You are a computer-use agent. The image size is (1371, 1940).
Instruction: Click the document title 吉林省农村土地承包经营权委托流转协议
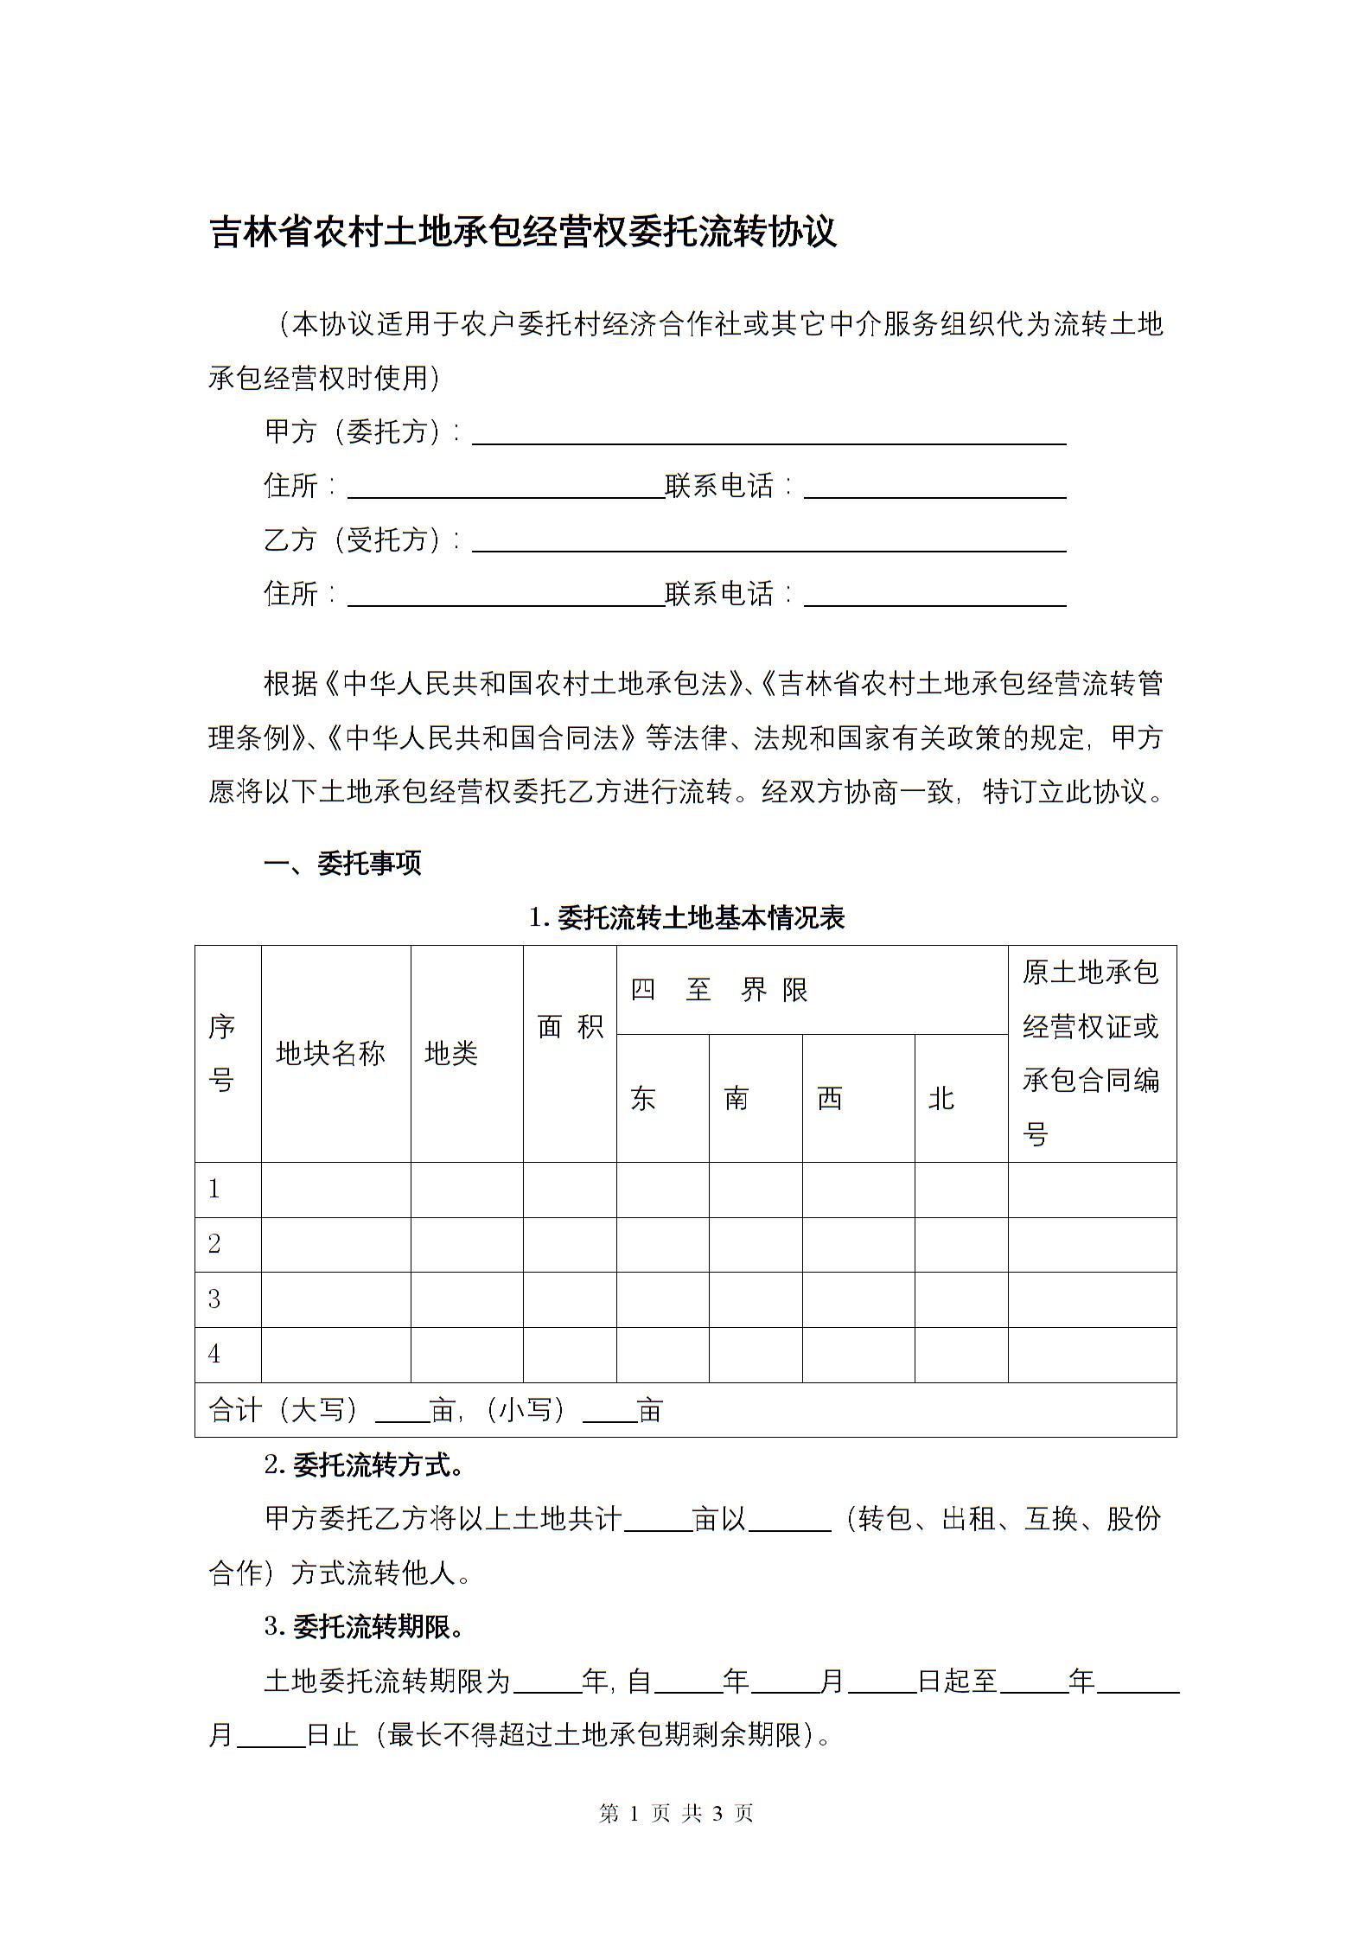click(523, 233)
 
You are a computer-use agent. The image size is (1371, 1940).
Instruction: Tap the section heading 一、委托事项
click(342, 863)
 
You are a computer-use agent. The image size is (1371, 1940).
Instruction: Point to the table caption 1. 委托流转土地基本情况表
click(686, 917)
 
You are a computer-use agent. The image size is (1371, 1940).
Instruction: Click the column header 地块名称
click(330, 1053)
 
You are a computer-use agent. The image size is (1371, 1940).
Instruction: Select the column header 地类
click(451, 1053)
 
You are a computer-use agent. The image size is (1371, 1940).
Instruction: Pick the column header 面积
click(570, 1026)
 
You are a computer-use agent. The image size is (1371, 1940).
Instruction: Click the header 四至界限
click(719, 989)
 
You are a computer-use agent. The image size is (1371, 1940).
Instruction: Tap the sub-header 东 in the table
click(643, 1099)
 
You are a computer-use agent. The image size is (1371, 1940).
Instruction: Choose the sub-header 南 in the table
click(737, 1099)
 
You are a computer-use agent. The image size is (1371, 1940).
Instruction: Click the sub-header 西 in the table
click(830, 1099)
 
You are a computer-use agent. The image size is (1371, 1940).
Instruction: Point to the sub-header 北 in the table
click(941, 1099)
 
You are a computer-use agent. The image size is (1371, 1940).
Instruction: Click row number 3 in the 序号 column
click(215, 1299)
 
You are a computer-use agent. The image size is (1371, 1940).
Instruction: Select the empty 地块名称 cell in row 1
click(335, 1190)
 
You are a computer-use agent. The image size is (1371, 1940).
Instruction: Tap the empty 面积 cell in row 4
click(570, 1355)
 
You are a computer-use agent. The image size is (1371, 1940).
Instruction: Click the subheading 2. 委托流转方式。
click(364, 1465)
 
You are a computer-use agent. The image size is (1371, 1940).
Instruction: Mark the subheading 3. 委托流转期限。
click(364, 1627)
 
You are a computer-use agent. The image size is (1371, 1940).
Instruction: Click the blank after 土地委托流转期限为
click(547, 1682)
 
